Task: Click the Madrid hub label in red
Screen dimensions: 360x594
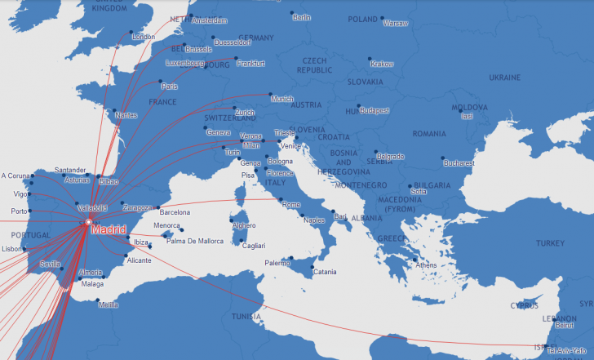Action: click(110, 230)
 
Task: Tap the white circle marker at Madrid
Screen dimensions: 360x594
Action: click(88, 222)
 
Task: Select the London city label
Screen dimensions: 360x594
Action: click(144, 37)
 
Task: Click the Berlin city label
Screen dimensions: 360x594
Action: click(301, 16)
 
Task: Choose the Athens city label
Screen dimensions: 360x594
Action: click(425, 265)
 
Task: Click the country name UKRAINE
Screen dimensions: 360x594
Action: click(503, 78)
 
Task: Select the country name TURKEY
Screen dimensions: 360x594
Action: click(549, 244)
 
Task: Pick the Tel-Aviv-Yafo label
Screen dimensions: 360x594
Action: click(570, 351)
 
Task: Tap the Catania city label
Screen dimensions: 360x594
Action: click(325, 272)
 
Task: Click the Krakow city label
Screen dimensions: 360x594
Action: click(381, 64)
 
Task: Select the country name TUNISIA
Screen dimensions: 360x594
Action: click(246, 316)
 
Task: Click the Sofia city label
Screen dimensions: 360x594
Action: click(418, 192)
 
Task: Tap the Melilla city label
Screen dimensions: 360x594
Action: click(108, 305)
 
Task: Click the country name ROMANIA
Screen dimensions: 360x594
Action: click(429, 133)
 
